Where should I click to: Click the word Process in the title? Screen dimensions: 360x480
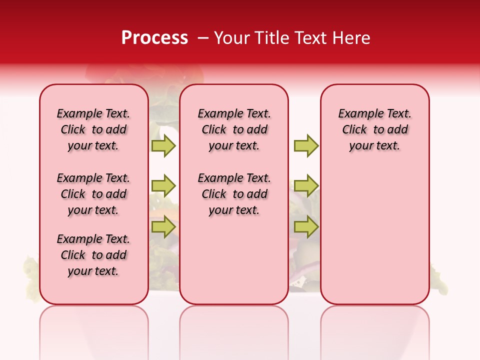click(154, 38)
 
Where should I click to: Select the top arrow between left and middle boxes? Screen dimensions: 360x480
click(163, 145)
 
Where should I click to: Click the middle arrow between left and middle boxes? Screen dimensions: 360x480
click(163, 186)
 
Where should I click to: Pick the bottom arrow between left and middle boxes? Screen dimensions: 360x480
click(163, 227)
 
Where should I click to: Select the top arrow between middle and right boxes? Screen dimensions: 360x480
click(306, 145)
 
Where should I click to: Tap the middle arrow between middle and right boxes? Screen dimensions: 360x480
click(306, 186)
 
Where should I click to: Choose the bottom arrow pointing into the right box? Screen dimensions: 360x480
click(306, 227)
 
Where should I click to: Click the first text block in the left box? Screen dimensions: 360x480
click(93, 129)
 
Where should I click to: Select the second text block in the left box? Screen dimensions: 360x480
click(93, 194)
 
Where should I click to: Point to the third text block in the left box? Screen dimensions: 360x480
click(93, 255)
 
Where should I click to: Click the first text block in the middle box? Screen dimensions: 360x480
click(234, 129)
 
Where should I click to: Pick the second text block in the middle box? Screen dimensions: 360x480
click(234, 194)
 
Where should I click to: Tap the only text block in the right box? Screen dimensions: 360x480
click(375, 129)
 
